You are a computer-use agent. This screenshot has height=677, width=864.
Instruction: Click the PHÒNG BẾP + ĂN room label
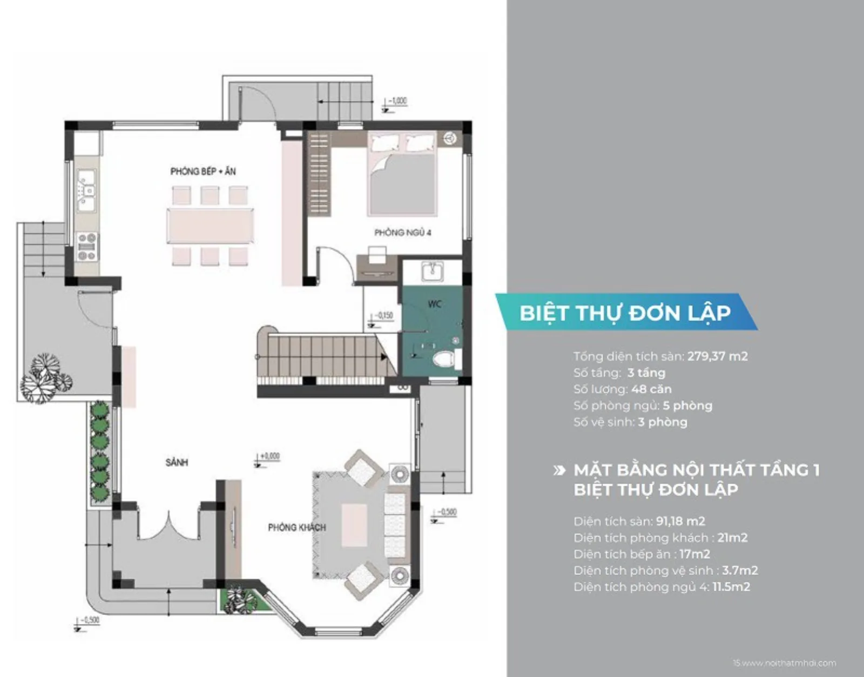click(x=203, y=172)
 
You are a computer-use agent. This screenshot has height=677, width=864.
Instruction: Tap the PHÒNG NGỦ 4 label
click(x=402, y=233)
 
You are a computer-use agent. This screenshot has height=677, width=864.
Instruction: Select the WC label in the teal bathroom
click(x=435, y=304)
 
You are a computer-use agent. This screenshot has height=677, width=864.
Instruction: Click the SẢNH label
click(x=177, y=463)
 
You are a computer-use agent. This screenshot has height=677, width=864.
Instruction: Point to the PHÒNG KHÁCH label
click(x=297, y=527)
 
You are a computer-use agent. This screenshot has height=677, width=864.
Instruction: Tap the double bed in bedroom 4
click(x=402, y=178)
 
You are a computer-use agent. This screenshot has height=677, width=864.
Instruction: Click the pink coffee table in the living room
click(x=354, y=523)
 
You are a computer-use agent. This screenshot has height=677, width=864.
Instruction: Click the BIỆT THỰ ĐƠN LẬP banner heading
click(x=625, y=313)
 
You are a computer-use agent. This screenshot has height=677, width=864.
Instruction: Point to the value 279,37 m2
click(x=717, y=356)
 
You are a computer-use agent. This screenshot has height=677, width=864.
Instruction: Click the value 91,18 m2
click(x=680, y=522)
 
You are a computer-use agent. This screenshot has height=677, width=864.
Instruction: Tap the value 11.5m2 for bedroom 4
click(x=731, y=587)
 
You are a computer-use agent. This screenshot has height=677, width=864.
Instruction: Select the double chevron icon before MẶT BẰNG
click(x=559, y=471)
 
